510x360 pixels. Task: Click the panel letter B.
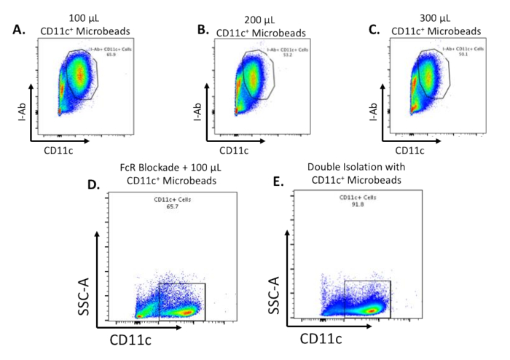(203, 31)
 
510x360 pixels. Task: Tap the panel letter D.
(94, 184)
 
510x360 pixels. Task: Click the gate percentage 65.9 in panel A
(92, 55)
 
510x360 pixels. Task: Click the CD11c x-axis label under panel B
(235, 150)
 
